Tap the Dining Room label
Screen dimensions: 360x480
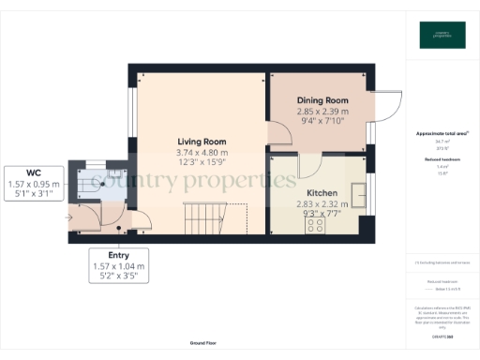tap(322, 100)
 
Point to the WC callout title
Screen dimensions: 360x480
tap(33, 172)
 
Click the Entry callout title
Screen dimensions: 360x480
tap(118, 255)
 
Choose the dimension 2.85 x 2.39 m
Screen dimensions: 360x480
tap(322, 111)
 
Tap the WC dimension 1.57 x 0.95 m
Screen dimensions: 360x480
tap(33, 184)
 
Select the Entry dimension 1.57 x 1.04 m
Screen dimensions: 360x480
tap(118, 266)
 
